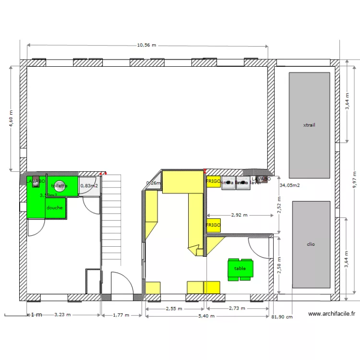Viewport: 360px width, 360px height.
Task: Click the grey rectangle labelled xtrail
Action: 309,125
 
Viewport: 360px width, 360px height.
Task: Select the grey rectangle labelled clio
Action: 311,244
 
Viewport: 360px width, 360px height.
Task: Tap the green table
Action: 240,269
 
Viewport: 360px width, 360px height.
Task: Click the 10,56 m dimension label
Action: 147,45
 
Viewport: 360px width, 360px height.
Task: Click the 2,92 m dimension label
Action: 239,216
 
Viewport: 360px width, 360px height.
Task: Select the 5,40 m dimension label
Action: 206,316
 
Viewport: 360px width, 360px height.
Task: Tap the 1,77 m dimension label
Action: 121,315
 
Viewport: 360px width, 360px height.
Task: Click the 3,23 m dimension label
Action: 62,315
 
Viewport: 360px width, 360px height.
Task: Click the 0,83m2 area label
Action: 89,186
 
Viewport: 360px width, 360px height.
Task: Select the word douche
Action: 54,208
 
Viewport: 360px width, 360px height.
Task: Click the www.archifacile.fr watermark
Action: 331,314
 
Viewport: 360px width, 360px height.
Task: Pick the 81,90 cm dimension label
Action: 282,317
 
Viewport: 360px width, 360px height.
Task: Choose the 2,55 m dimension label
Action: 173,309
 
